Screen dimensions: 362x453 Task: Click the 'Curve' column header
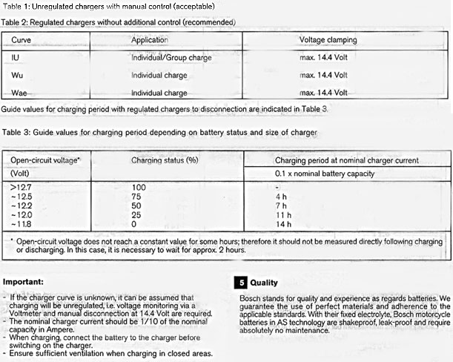[x=22, y=39]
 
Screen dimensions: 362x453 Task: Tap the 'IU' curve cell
[x=16, y=57]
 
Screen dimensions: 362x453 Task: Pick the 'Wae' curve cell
[x=20, y=93]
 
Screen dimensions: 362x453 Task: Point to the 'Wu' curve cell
[x=18, y=75]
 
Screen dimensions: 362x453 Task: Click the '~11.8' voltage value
[x=19, y=223]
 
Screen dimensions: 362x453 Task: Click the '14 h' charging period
[x=282, y=223]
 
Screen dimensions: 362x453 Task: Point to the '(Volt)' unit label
[x=22, y=174]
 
